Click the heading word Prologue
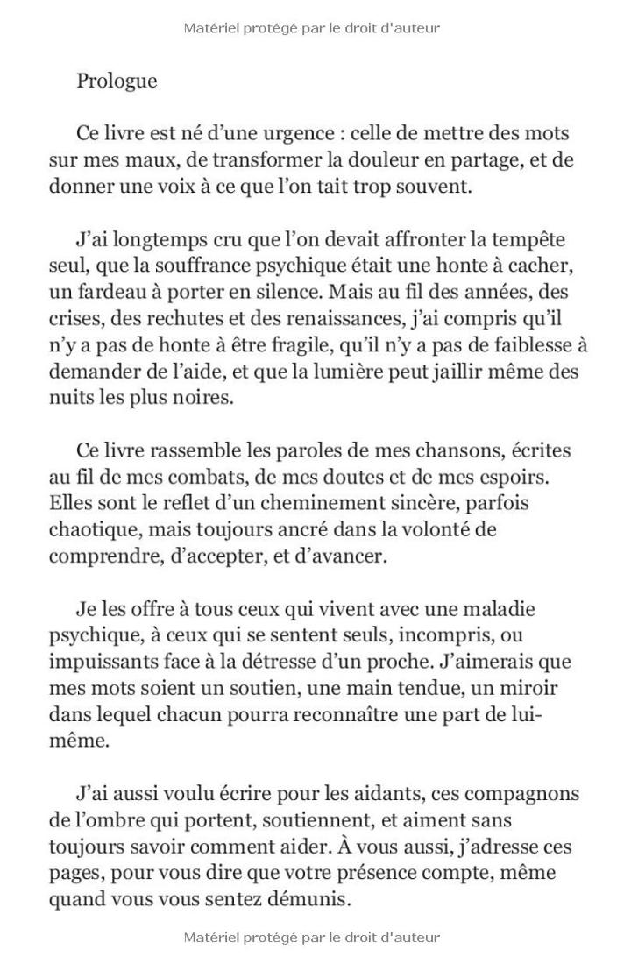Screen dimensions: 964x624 tap(117, 82)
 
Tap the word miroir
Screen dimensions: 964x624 tap(525, 688)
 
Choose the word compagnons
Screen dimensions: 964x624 tap(521, 794)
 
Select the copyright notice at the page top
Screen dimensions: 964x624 tap(312, 28)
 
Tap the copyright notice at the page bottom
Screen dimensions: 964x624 tap(312, 938)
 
